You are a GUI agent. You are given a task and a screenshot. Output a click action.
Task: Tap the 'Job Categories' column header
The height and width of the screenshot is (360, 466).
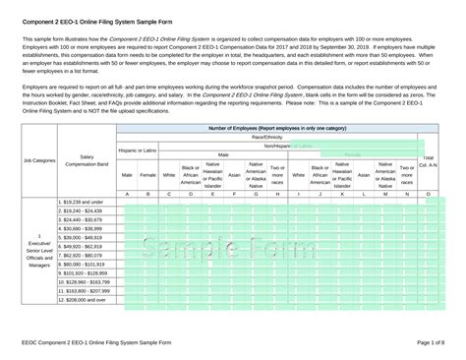[x=38, y=159]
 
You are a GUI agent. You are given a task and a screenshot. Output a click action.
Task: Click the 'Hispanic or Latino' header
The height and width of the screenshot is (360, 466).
[x=137, y=150]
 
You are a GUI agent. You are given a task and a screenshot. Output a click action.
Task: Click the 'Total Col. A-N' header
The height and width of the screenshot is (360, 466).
[x=428, y=160]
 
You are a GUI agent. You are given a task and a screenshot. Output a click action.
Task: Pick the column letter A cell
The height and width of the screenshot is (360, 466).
[x=127, y=194]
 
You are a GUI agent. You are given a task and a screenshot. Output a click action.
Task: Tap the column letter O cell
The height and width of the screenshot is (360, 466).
[x=428, y=194]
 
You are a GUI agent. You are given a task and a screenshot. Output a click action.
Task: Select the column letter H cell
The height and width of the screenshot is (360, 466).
[x=277, y=194]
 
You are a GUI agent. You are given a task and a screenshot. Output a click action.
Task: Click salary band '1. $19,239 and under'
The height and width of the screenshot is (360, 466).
[x=83, y=202]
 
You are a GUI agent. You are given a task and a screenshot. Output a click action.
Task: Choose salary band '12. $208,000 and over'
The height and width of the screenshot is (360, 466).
[x=83, y=299]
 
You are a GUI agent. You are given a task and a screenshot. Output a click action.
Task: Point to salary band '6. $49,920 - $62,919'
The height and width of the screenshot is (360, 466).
[x=83, y=246]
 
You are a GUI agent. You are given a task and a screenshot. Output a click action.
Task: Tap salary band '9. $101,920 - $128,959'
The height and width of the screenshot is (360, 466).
[x=85, y=272]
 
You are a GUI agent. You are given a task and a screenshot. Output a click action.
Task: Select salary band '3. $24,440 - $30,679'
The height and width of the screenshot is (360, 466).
[x=83, y=219]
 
